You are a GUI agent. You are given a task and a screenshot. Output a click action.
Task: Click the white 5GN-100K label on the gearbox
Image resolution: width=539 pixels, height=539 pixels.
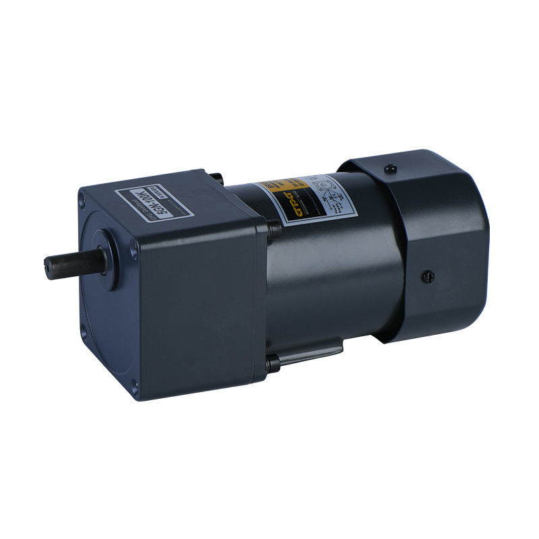tap(154, 201)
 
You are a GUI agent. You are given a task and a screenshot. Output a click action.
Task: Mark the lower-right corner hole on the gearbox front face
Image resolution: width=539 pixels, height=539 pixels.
tap(135, 385)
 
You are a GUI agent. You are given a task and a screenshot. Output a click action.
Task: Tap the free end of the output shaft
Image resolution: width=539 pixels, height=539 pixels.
tap(49, 265)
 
